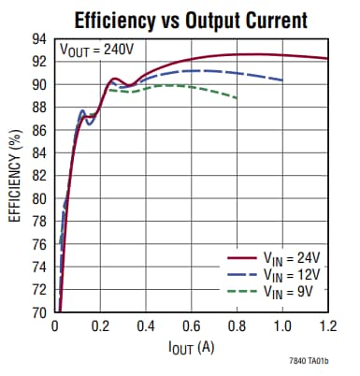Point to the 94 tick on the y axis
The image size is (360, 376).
tap(41, 38)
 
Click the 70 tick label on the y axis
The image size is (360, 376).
tap(41, 312)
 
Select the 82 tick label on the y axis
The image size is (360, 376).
tap(41, 175)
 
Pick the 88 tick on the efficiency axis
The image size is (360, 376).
tap(41, 107)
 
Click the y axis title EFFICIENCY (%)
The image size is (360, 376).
tap(15, 176)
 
